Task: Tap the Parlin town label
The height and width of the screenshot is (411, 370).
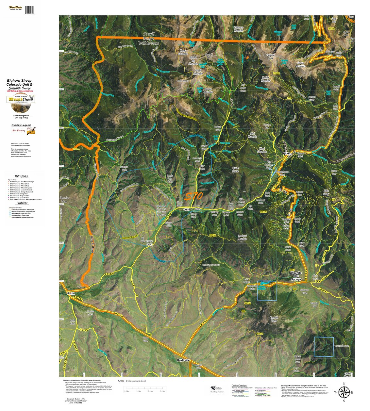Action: (x=71, y=293)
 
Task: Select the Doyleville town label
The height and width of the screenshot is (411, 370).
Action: (x=183, y=360)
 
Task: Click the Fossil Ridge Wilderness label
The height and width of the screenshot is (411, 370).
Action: (x=149, y=39)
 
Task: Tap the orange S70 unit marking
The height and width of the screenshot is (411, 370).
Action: (x=193, y=196)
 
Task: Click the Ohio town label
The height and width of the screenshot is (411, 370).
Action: (x=187, y=209)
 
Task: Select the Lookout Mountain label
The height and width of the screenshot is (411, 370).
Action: (x=242, y=238)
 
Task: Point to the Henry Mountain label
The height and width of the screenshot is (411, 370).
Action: (x=183, y=52)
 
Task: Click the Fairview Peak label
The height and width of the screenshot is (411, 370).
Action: (x=270, y=57)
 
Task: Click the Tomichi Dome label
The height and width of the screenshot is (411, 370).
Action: (x=274, y=319)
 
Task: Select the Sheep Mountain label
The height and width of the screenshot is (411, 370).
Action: (x=208, y=90)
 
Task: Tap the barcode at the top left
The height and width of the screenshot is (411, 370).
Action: (x=29, y=9)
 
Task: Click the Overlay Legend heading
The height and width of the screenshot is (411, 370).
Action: (x=21, y=125)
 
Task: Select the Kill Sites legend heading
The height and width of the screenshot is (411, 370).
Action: (x=21, y=176)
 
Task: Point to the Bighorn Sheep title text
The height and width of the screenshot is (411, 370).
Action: (x=20, y=80)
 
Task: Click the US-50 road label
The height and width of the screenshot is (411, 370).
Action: (x=120, y=315)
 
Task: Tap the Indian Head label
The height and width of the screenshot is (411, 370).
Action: (x=149, y=243)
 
